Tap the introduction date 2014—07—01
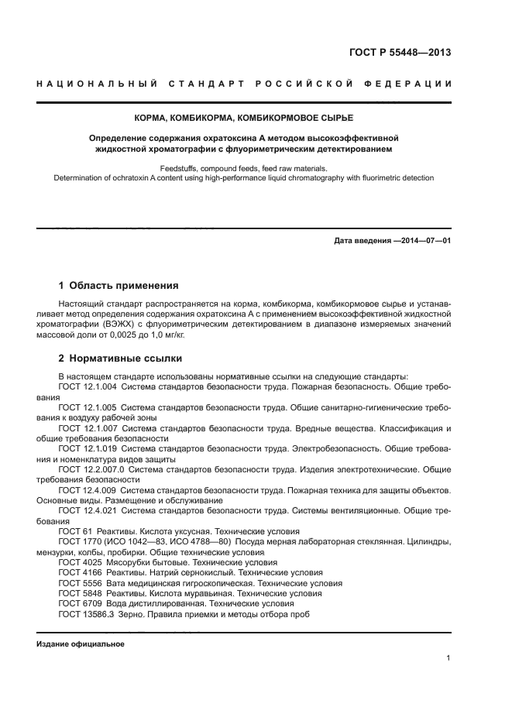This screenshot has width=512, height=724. click(x=424, y=241)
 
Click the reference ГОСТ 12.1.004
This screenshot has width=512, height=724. click(x=88, y=386)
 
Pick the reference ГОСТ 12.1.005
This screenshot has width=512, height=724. click(x=88, y=405)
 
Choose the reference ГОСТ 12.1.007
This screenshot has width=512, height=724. click(x=88, y=428)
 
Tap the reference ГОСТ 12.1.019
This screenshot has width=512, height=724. click(x=88, y=448)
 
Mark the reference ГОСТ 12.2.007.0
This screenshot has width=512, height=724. click(x=91, y=469)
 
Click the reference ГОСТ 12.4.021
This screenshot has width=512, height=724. click(x=88, y=511)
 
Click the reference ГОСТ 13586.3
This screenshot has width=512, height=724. click(x=86, y=613)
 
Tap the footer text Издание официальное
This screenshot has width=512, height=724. click(x=81, y=644)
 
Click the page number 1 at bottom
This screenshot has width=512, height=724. click(x=449, y=659)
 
